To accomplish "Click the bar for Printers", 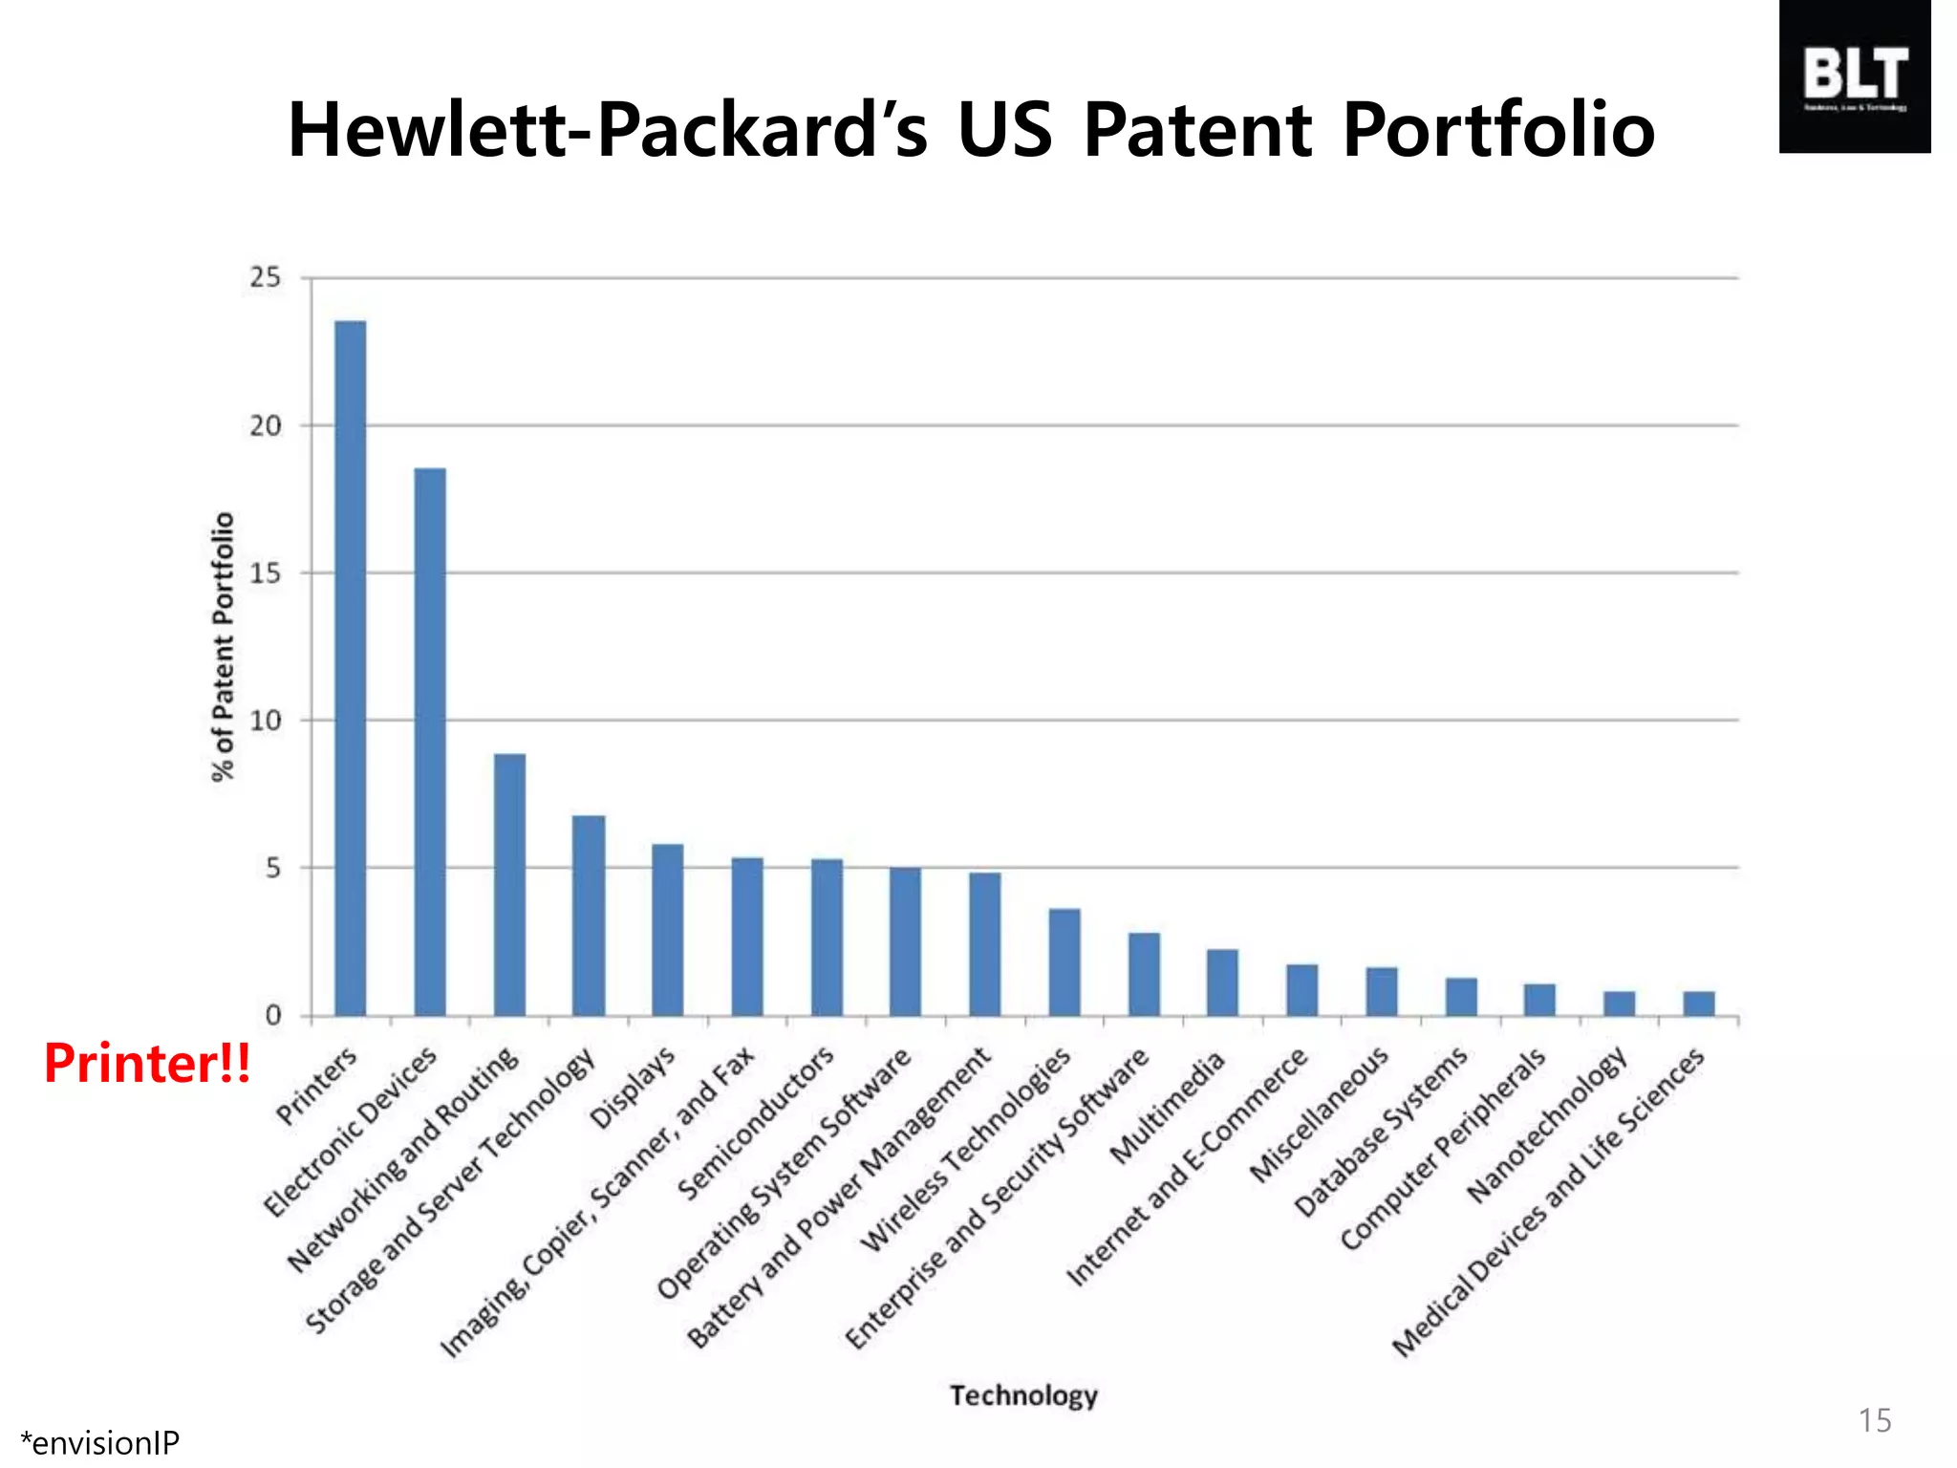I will [x=350, y=669].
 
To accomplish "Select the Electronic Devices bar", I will [x=429, y=742].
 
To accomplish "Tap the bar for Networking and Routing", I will [x=509, y=884].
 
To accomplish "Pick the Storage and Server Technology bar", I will [x=589, y=915].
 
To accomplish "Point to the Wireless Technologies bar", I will [x=1065, y=961].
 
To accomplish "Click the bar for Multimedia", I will [x=1222, y=982].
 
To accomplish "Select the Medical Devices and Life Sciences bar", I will [x=1698, y=1003].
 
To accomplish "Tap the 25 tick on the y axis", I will [x=266, y=278].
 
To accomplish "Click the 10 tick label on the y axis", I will [x=266, y=721].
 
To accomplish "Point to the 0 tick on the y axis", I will [x=273, y=1015].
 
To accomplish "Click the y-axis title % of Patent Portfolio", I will [x=223, y=647].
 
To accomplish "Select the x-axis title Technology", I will [x=1023, y=1395].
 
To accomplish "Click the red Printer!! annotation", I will [x=148, y=1063].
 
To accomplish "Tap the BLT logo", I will [x=1854, y=76].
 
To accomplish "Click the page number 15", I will [x=1874, y=1420].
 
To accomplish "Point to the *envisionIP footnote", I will [x=99, y=1442].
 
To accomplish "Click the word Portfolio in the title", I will [x=1498, y=130].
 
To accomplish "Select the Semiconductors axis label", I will [x=756, y=1124].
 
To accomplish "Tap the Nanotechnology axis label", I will [x=1547, y=1125].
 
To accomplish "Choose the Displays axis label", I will [x=633, y=1088].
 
